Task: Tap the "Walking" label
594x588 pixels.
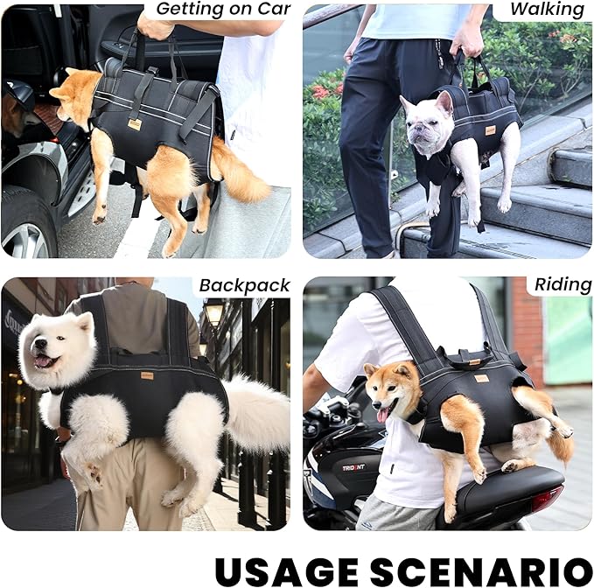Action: tap(547, 10)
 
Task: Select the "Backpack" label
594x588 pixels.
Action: tap(243, 285)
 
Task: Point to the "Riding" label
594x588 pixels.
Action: tap(563, 285)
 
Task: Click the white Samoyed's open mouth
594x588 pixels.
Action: tap(44, 360)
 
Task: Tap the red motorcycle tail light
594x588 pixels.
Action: tap(546, 499)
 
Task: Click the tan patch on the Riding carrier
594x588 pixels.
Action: tap(480, 378)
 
